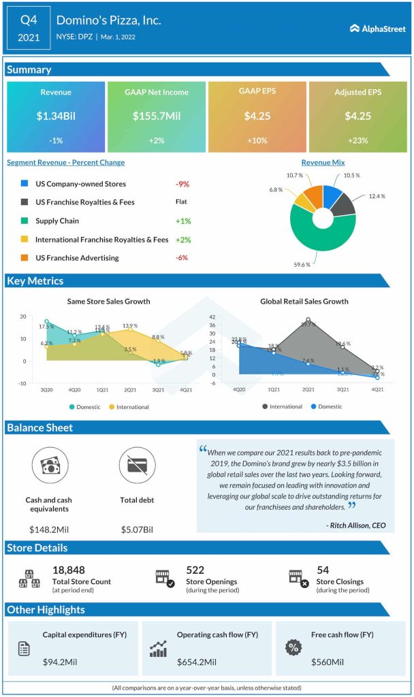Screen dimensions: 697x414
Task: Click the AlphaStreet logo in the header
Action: tap(377, 28)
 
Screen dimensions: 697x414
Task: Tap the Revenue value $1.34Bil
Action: tap(56, 116)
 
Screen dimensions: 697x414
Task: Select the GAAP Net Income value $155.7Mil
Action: tap(156, 116)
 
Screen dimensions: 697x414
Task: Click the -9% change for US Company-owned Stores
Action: tap(182, 184)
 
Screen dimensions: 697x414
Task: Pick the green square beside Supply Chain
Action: tap(25, 221)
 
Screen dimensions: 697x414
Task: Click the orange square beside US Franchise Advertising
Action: tap(25, 258)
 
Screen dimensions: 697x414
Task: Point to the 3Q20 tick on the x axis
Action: tap(46, 390)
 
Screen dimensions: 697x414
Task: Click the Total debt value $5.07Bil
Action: tap(137, 529)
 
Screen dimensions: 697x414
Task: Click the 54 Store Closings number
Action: tap(323, 570)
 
